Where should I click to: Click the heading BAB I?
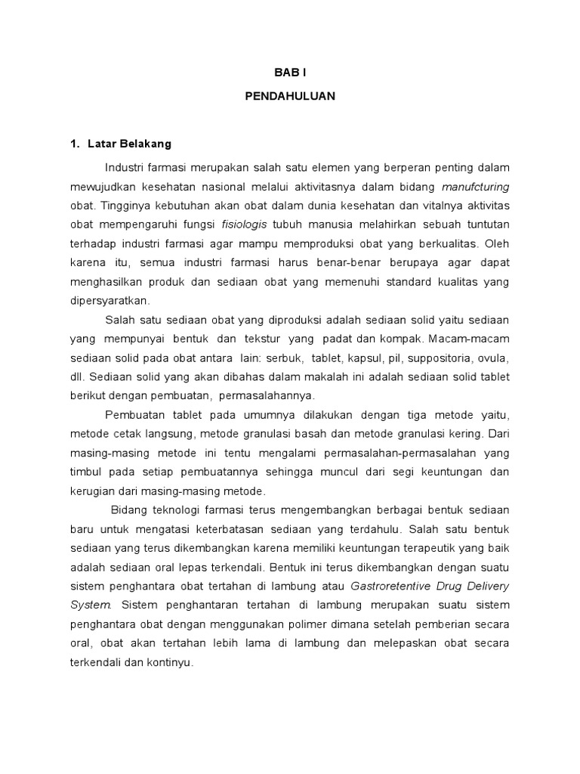tap(290, 73)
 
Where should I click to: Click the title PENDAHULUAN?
tap(290, 97)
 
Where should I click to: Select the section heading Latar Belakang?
tap(129, 144)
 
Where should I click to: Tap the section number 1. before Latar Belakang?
tap(75, 144)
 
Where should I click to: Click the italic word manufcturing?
tap(475, 186)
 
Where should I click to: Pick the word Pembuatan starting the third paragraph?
tap(131, 415)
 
